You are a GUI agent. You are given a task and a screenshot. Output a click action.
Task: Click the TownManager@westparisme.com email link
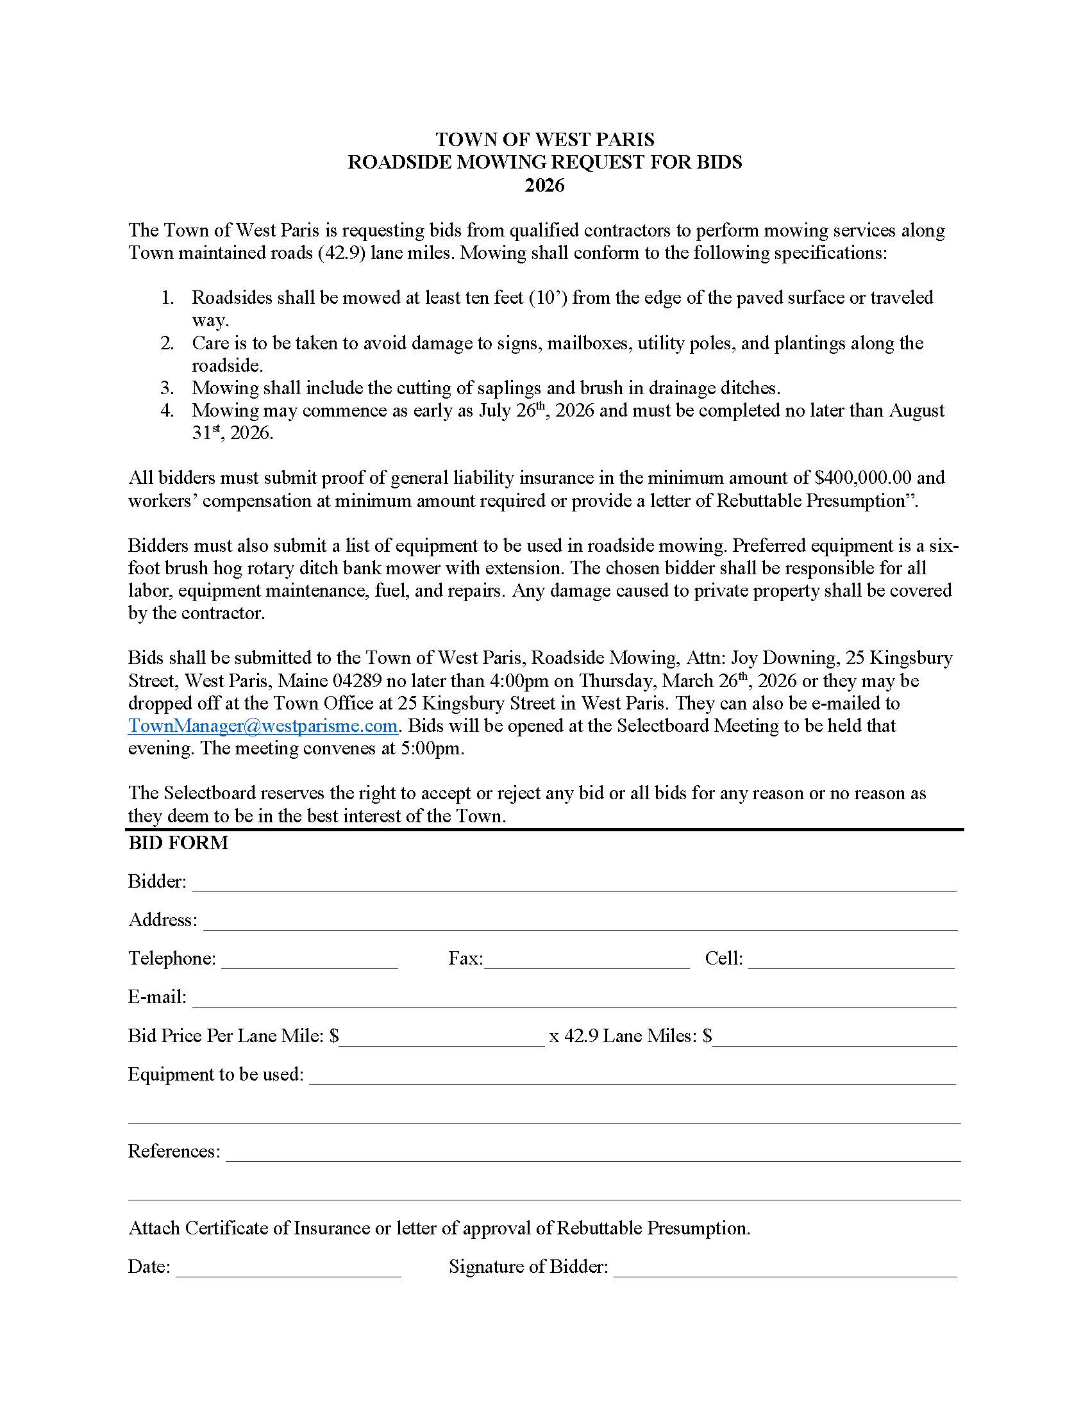click(262, 726)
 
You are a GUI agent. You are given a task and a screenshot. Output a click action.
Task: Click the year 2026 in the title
click(544, 185)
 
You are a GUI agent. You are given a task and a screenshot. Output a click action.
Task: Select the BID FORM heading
click(178, 843)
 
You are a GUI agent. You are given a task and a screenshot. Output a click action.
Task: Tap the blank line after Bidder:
click(573, 884)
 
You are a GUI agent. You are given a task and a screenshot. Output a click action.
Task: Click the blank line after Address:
click(580, 922)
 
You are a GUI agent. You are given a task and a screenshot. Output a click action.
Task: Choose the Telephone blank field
click(309, 961)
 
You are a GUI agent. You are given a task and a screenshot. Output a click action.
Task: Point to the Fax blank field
click(586, 961)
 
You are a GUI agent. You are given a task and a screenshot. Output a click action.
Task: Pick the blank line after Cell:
click(851, 961)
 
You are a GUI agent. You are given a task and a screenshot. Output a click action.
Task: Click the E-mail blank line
click(573, 999)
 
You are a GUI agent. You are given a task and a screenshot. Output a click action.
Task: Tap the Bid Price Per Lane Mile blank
click(442, 1038)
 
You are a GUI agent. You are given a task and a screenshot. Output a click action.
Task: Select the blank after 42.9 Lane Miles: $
click(834, 1038)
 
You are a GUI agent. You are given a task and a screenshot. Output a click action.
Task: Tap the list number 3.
click(167, 388)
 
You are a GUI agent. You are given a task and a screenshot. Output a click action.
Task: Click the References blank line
click(593, 1154)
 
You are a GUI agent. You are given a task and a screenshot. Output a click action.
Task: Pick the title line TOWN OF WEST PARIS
click(544, 140)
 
